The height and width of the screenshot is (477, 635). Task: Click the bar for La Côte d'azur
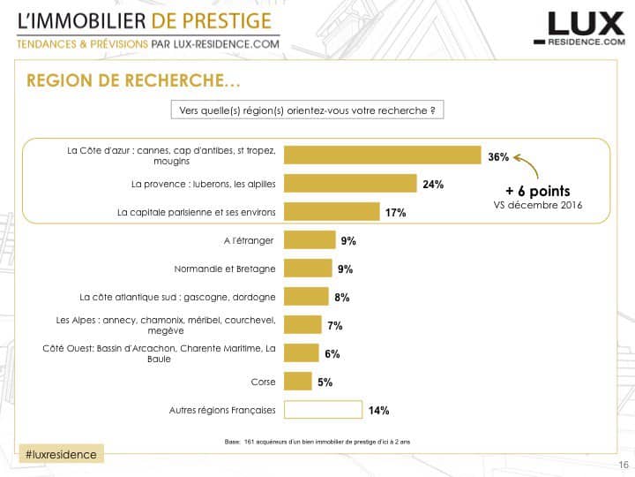[x=384, y=155]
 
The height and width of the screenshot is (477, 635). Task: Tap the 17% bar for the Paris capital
[x=330, y=212]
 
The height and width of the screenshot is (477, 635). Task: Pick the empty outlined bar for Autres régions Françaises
[x=325, y=409]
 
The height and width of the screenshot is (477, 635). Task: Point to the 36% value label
[x=498, y=157]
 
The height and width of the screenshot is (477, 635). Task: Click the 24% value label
[x=433, y=185]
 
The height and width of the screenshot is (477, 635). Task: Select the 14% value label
[x=378, y=410]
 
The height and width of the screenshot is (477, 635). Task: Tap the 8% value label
[x=342, y=298]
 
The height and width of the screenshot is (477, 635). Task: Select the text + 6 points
[x=537, y=191]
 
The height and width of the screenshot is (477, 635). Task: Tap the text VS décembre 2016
[x=537, y=206]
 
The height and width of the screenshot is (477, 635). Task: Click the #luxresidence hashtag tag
[x=60, y=453]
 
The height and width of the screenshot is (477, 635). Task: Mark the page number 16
[x=623, y=466]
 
